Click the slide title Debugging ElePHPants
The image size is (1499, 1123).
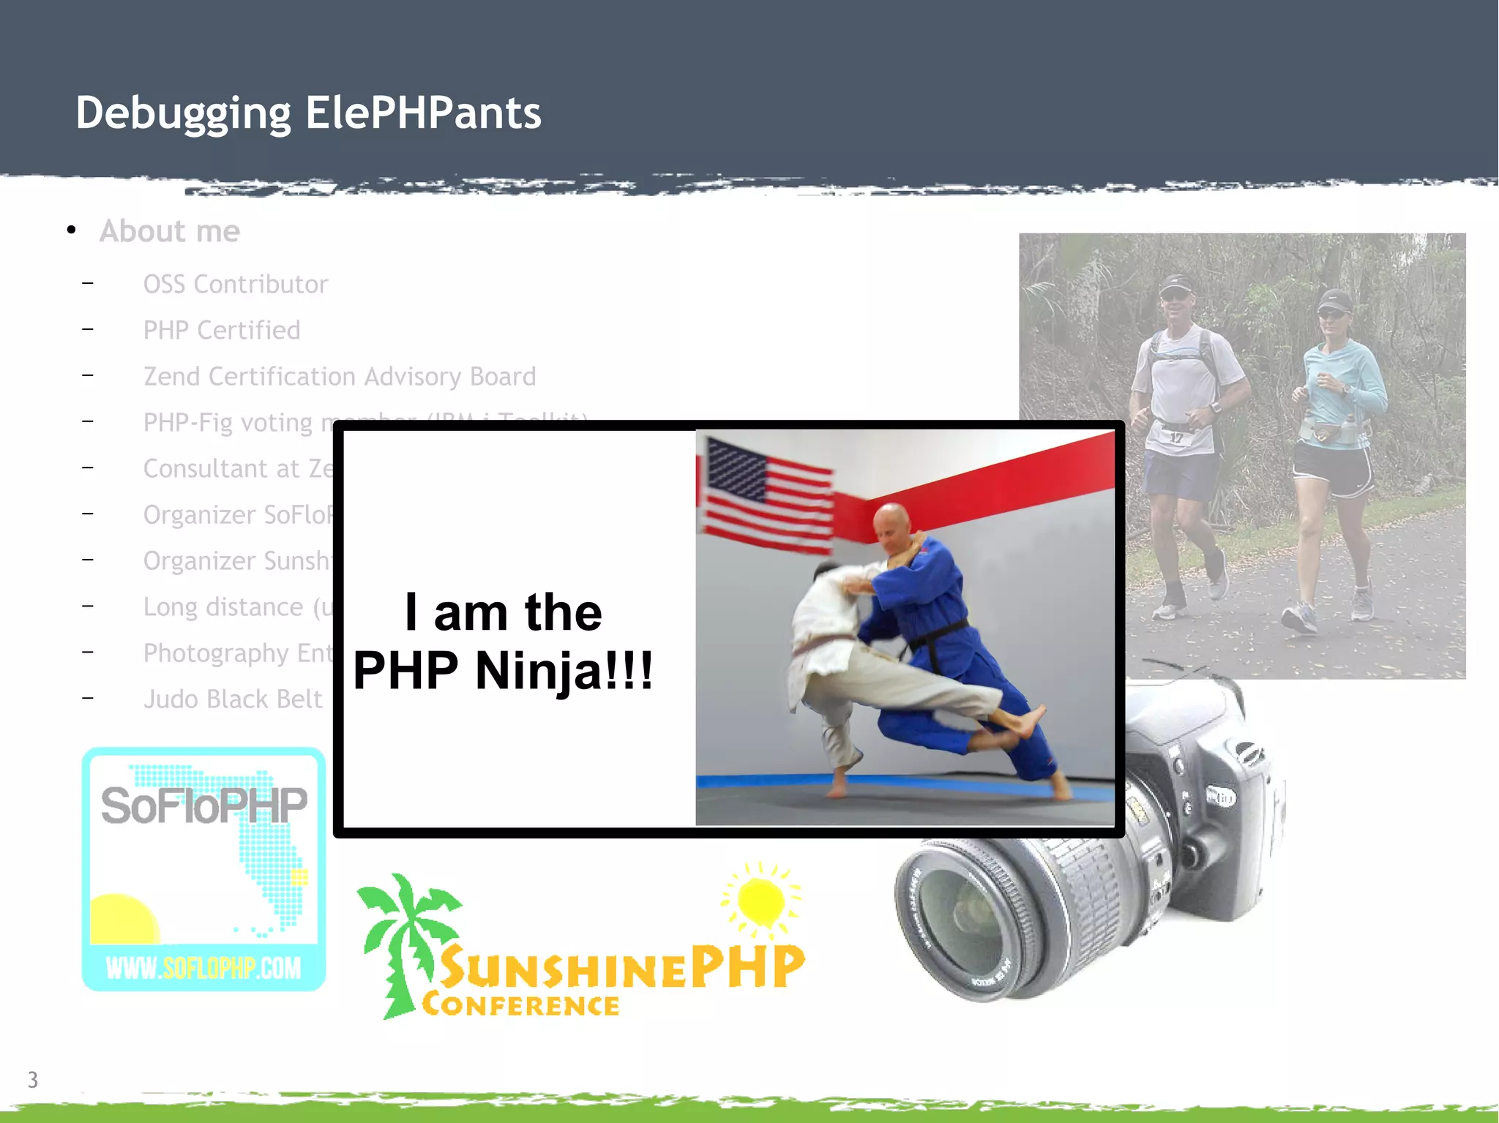308,113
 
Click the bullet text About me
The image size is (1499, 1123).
169,231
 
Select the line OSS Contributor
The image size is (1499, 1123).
235,284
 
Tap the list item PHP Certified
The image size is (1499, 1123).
221,330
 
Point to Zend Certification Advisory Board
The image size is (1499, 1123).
339,376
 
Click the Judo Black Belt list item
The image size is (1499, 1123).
232,699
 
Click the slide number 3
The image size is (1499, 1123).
32,1079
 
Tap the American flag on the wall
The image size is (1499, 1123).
766,496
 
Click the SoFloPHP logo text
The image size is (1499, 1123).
203,805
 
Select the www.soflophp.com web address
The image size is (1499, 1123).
203,968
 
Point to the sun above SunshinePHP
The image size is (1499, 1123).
761,900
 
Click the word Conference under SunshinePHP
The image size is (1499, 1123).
520,1005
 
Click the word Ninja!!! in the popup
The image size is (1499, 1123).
564,670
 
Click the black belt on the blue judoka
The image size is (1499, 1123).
937,640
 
